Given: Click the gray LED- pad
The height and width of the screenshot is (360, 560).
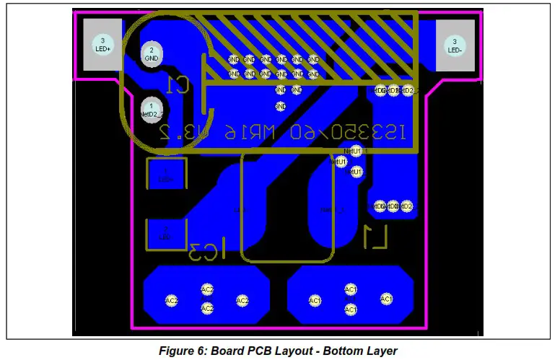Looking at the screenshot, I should [x=455, y=45].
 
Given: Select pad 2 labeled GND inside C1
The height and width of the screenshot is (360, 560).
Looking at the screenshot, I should [x=152, y=54].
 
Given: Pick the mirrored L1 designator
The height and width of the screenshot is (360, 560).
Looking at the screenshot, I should [x=376, y=236].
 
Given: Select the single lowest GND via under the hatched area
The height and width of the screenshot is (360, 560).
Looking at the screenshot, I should [x=281, y=107].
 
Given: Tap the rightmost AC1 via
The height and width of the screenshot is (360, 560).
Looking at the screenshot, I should [x=386, y=299].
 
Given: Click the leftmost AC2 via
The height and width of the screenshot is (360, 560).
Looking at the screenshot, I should [x=172, y=300].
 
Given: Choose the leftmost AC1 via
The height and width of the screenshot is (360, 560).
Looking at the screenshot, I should [x=315, y=300].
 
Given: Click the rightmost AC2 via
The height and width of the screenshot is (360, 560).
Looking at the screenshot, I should [x=242, y=300].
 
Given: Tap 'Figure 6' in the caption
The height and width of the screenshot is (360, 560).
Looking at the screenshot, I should [x=184, y=351].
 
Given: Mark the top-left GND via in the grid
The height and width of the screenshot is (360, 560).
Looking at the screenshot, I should [x=234, y=60].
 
